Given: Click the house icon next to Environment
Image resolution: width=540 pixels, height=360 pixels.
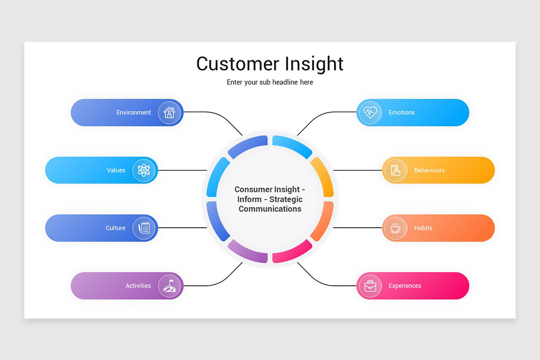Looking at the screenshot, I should [x=169, y=112].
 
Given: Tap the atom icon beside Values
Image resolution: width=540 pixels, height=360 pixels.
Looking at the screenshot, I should [x=144, y=170].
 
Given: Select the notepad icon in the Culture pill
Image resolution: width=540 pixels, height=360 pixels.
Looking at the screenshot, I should [x=144, y=228].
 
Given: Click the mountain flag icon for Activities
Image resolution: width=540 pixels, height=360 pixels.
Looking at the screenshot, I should [x=169, y=286].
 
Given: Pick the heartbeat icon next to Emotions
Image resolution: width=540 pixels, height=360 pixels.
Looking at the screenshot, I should [x=370, y=112].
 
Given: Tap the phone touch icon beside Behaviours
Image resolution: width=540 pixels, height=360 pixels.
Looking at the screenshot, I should [x=395, y=170].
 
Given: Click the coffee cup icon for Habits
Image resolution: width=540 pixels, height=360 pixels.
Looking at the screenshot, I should [x=395, y=228].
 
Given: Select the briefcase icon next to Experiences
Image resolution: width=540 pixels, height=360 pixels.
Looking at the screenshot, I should [x=370, y=286].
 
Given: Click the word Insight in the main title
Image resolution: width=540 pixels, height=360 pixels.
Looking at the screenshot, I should [x=313, y=64].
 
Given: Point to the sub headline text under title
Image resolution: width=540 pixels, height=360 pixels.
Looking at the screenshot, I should [x=270, y=82].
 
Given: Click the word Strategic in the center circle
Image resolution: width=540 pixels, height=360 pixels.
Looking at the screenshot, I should [x=286, y=199].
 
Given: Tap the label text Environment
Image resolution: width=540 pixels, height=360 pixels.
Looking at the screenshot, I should [x=134, y=112].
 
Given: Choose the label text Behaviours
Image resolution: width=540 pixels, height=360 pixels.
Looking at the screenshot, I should [x=429, y=170].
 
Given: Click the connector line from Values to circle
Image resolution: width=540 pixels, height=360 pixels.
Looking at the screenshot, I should [x=182, y=170].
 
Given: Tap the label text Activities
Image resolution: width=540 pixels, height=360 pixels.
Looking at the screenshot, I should [x=138, y=286].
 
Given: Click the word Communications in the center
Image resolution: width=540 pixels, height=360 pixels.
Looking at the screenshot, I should [x=270, y=209].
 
